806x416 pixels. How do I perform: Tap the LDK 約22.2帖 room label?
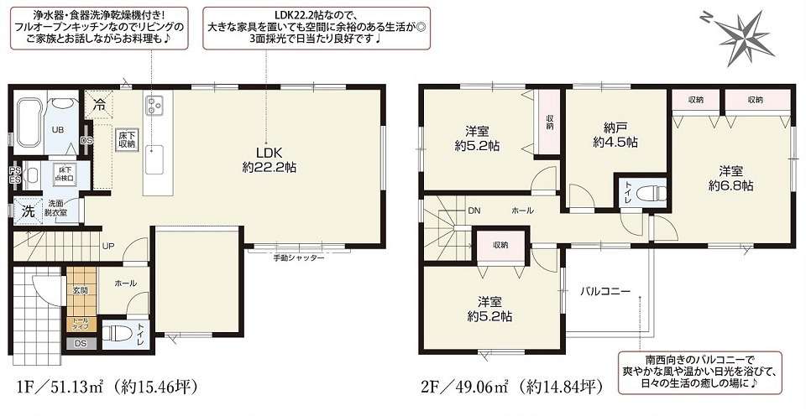pos(267,160)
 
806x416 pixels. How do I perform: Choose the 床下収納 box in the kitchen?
pos(126,139)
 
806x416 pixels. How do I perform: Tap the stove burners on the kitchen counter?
pos(155,105)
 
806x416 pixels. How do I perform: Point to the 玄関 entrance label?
pos(81,289)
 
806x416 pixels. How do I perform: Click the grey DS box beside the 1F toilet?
pos(81,343)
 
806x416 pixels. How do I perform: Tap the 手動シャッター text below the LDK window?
pos(298,258)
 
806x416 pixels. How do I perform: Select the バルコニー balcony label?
pos(604,291)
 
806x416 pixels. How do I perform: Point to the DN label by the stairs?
pos(474,211)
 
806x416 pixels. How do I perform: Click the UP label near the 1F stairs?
pos(108,246)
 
